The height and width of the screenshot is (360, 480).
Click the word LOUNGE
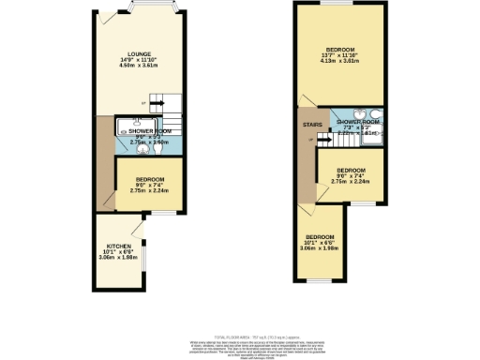(x=141, y=54)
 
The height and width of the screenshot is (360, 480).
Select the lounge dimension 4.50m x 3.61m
(x=141, y=67)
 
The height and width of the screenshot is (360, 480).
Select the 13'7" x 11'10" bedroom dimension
(x=340, y=54)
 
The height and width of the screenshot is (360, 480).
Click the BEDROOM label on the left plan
(x=150, y=179)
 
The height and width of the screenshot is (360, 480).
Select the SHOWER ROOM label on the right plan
(x=358, y=122)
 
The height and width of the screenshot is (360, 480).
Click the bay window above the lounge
(x=144, y=8)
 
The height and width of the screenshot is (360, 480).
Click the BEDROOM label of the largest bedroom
(x=340, y=48)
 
